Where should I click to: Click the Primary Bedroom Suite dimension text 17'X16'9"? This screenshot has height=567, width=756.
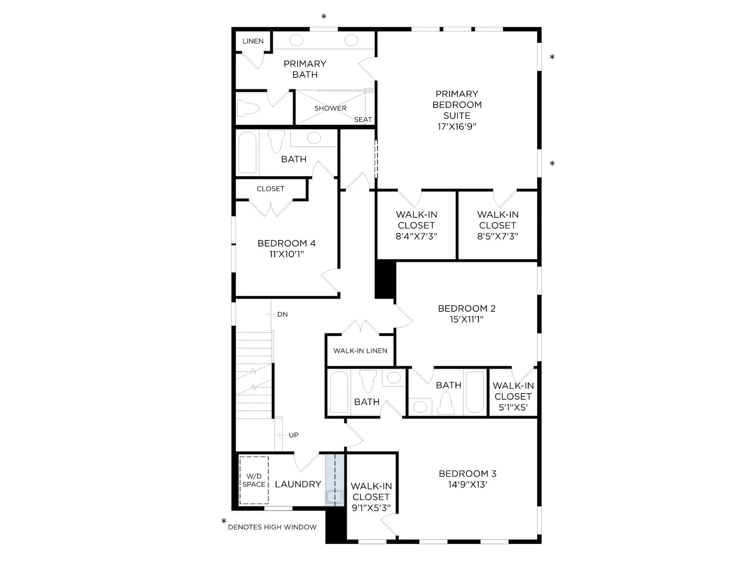pyautogui.click(x=456, y=126)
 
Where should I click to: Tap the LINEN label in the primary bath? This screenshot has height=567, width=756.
pyautogui.click(x=253, y=41)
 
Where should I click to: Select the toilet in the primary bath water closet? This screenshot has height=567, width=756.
pyautogui.click(x=248, y=108)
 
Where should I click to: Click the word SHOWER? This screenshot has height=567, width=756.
pyautogui.click(x=330, y=108)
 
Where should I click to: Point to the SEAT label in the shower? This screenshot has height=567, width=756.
pyautogui.click(x=363, y=120)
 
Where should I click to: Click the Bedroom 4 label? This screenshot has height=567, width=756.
pyautogui.click(x=286, y=243)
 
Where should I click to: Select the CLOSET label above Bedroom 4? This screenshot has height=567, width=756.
pyautogui.click(x=270, y=189)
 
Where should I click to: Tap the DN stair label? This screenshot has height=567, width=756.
pyautogui.click(x=283, y=314)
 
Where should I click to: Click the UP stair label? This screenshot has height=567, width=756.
pyautogui.click(x=293, y=435)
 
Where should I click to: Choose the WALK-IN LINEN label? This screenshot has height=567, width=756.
pyautogui.click(x=360, y=351)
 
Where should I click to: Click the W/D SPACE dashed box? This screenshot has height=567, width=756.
pyautogui.click(x=254, y=480)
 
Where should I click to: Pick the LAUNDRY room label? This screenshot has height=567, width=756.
pyautogui.click(x=298, y=484)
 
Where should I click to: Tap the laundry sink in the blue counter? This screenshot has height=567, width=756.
pyautogui.click(x=335, y=497)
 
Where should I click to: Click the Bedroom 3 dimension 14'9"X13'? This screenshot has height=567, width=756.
pyautogui.click(x=467, y=484)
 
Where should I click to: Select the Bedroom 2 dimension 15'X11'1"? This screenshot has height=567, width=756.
pyautogui.click(x=466, y=319)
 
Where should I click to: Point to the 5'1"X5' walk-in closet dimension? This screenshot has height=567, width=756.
pyautogui.click(x=513, y=408)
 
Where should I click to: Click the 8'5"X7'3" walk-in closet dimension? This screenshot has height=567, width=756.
pyautogui.click(x=498, y=236)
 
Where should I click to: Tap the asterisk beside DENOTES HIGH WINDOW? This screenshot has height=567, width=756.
pyautogui.click(x=224, y=521)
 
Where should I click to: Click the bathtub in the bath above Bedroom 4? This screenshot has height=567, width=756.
pyautogui.click(x=247, y=153)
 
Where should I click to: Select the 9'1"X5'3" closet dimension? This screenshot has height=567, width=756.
pyautogui.click(x=371, y=508)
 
